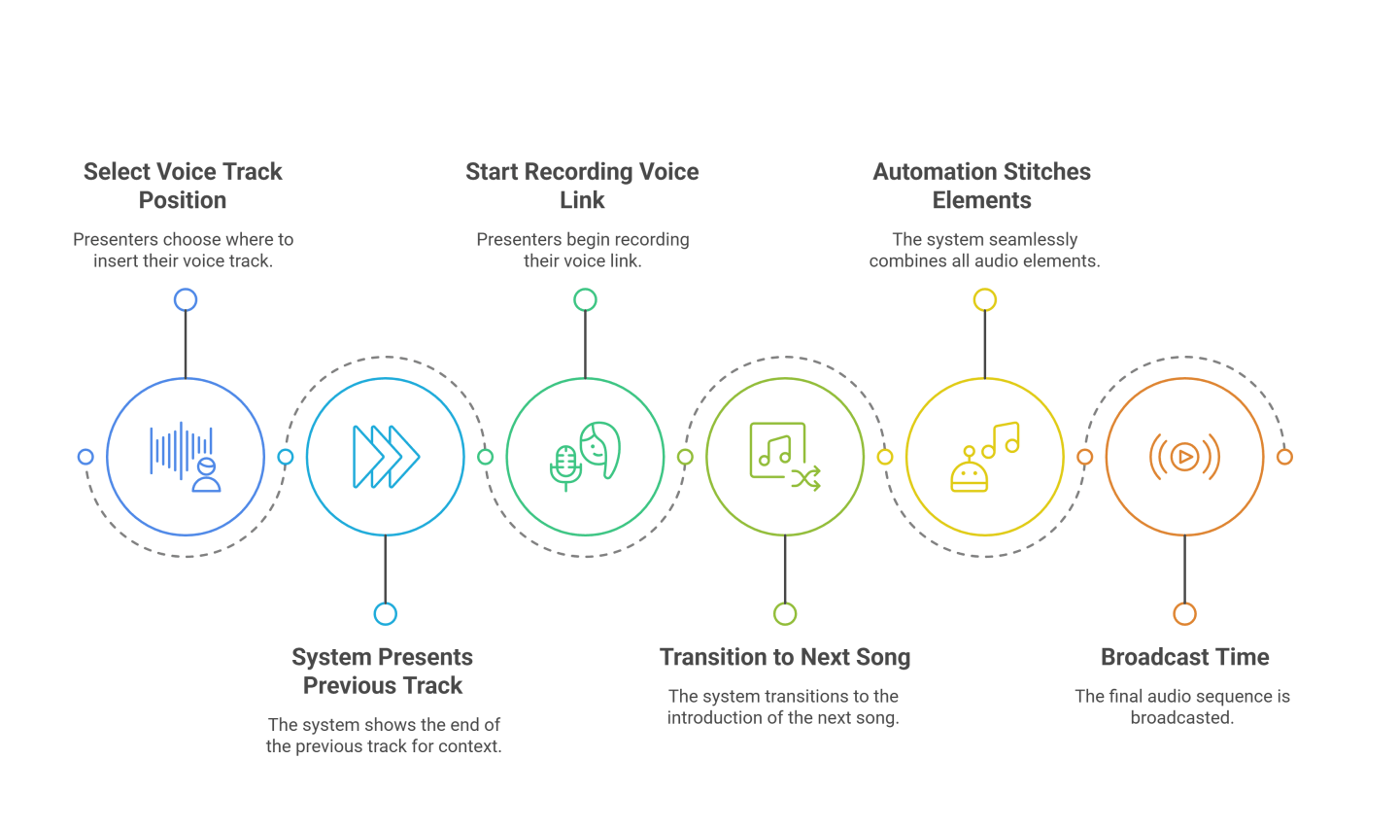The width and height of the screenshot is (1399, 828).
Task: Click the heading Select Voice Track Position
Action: coord(183,186)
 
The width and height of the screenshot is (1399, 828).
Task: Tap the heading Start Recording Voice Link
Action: coord(582,186)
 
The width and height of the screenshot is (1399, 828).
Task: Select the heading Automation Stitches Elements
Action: coord(981,186)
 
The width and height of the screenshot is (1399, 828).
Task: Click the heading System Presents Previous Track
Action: coord(383,671)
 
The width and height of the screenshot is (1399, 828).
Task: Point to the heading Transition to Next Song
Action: coord(785,657)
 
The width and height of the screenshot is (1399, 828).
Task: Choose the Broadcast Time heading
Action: coord(1184,657)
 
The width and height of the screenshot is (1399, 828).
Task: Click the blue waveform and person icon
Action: coord(185,457)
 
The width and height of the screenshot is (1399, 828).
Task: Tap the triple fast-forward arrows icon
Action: coord(386,457)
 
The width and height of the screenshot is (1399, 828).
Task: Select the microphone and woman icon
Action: coord(585,457)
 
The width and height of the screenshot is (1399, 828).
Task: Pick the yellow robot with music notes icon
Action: coord(984,457)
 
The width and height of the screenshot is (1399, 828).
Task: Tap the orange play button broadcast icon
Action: coord(1184,457)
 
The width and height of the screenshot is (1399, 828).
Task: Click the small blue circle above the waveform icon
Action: coord(186,300)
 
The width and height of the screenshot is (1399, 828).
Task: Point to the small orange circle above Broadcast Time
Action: coord(1184,614)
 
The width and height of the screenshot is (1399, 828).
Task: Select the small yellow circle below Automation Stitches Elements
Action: coord(985,300)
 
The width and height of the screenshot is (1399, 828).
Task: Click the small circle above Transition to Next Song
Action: coord(785,614)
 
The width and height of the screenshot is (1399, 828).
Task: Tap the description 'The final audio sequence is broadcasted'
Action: coord(1182,707)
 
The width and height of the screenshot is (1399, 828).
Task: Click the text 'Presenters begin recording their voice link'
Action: coord(582,250)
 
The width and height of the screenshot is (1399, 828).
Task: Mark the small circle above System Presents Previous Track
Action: coord(386,614)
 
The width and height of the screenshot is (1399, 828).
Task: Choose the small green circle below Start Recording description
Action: coord(585,300)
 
